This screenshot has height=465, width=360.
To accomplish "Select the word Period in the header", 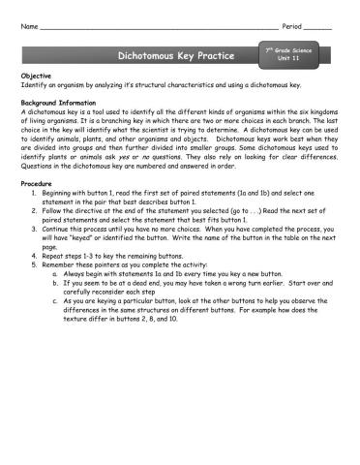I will [x=291, y=23].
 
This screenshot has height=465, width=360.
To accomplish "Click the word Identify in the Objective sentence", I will [x=33, y=84].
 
